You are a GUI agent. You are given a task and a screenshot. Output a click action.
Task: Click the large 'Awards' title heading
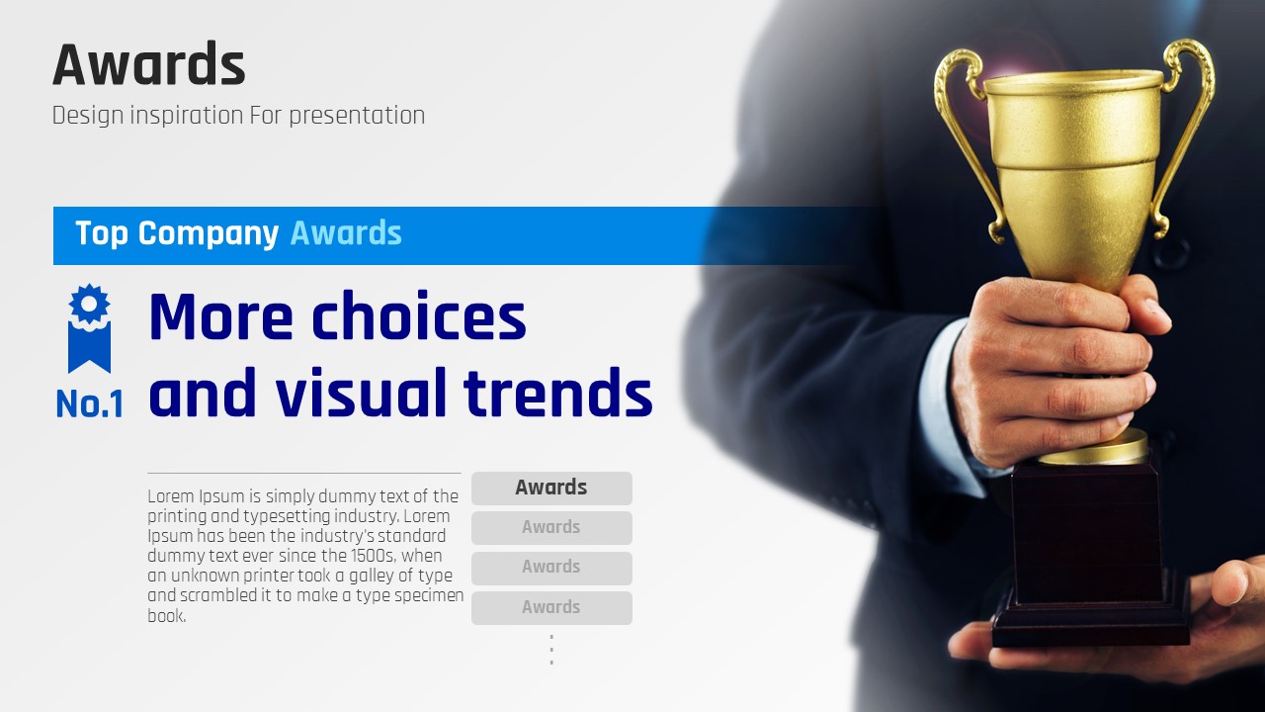149,64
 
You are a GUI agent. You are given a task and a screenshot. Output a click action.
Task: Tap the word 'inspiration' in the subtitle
187,116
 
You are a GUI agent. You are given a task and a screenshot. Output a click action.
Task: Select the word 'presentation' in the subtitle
357,116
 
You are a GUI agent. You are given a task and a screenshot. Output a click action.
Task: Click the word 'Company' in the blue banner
208,234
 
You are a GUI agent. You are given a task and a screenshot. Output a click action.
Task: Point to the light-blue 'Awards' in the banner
346,232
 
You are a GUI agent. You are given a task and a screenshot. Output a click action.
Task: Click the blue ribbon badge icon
89,328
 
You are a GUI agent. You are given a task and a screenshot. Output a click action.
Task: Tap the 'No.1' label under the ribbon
90,404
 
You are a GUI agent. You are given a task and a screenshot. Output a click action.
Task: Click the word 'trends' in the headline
558,392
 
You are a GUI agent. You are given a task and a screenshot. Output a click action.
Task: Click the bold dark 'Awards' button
551,489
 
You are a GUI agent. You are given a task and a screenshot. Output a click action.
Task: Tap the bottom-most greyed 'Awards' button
551,608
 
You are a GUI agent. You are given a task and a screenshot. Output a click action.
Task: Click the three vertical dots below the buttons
551,650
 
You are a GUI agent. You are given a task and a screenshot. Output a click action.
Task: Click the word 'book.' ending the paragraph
167,615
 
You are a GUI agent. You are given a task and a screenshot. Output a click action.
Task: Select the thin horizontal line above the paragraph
304,473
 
